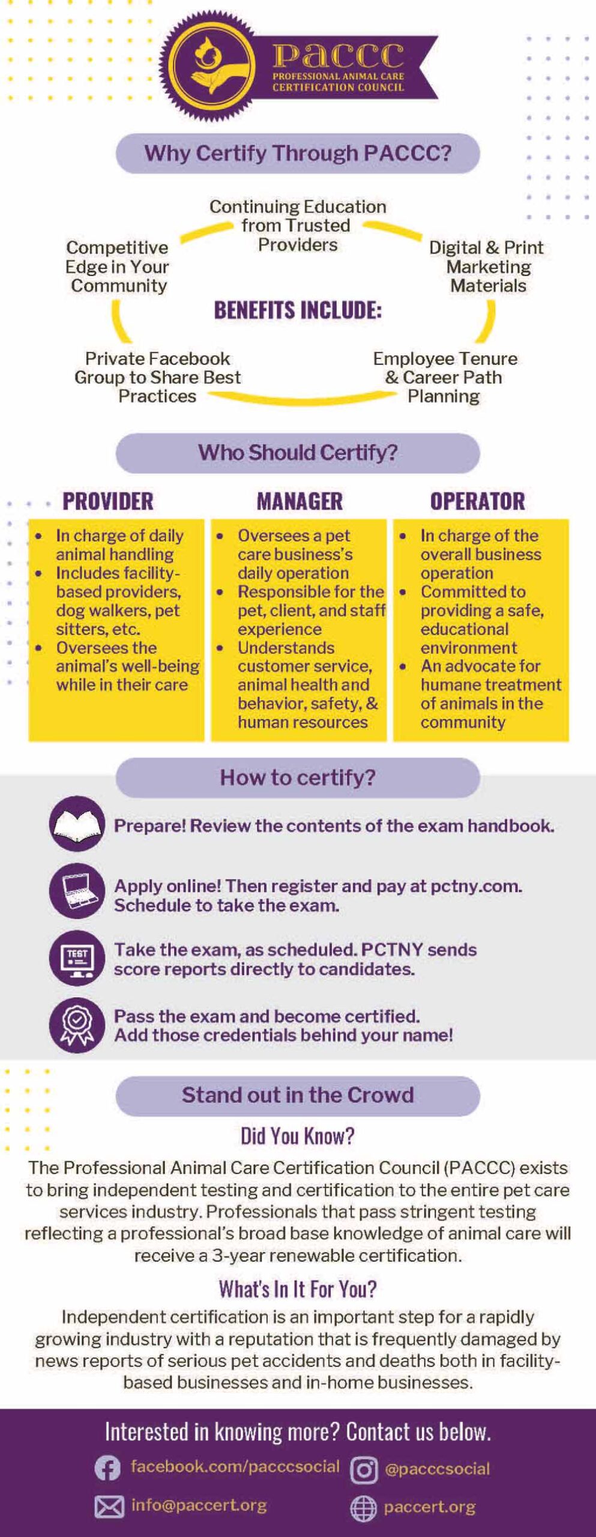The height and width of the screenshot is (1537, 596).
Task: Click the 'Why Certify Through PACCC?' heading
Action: point(298,153)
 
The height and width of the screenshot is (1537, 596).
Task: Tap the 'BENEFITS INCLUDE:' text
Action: point(298,310)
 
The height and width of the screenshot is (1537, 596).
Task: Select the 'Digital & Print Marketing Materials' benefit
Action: point(487,267)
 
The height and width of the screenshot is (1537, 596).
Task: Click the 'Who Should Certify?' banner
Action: point(298,453)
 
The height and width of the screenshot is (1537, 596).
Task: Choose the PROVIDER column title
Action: point(108,501)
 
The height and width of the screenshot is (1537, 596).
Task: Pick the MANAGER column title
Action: point(300,501)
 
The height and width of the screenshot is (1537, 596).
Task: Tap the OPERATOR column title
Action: point(477,501)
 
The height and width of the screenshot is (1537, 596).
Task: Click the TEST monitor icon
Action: point(77,958)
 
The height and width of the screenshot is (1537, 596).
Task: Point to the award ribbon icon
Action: point(77,1025)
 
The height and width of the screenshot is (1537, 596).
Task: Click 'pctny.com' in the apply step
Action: point(476,886)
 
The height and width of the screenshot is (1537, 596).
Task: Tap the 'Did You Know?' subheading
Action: point(298,1136)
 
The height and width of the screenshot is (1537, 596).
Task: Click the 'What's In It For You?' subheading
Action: point(298,1289)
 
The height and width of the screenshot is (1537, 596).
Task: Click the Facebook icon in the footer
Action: point(107,1469)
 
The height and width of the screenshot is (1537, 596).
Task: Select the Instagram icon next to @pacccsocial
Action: point(364,1470)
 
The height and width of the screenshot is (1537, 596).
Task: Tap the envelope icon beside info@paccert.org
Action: point(109,1507)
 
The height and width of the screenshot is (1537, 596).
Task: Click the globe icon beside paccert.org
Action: point(363,1509)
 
